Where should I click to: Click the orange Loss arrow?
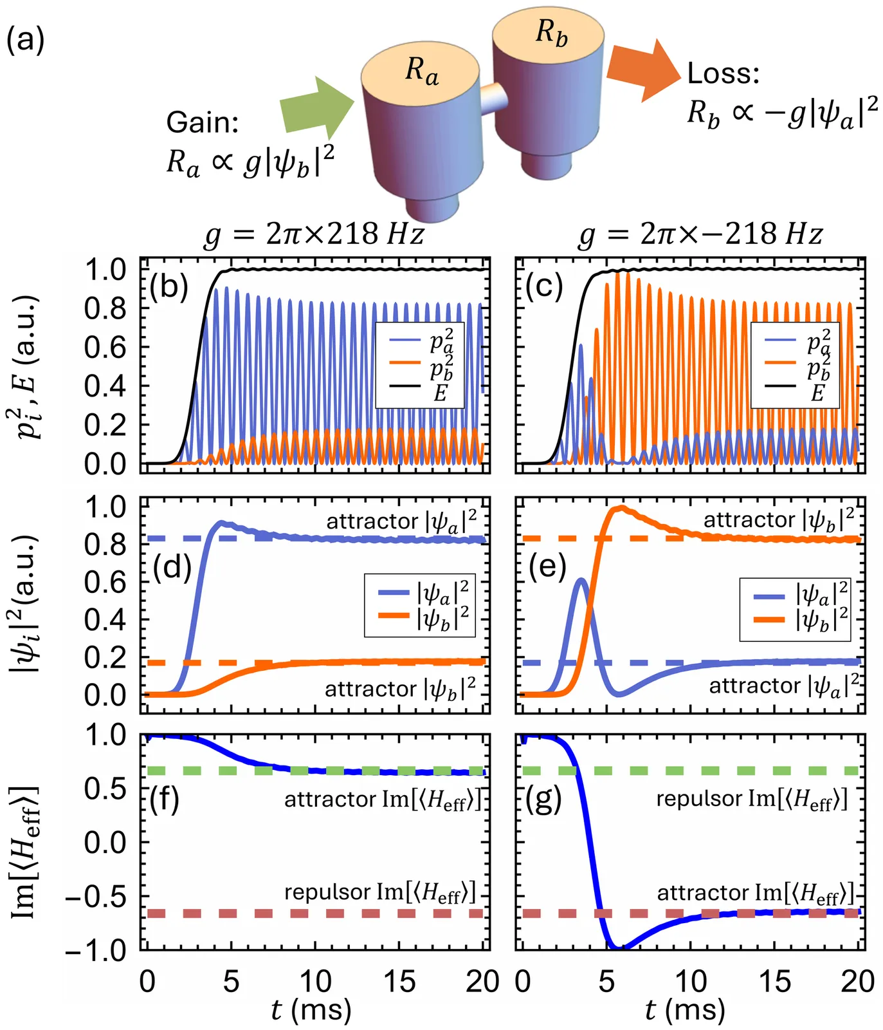click(642, 70)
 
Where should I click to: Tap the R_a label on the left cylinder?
click(421, 70)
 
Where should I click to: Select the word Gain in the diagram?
click(202, 122)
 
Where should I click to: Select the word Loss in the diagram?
click(723, 73)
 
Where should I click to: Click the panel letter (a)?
click(25, 41)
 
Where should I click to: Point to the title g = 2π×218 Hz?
click(314, 234)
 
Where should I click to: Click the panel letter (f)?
click(163, 799)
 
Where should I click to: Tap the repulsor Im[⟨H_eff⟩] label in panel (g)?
click(751, 799)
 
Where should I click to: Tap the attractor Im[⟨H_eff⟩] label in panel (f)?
click(382, 800)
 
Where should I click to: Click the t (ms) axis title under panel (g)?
click(685, 1009)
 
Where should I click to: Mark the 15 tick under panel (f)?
click(399, 982)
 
